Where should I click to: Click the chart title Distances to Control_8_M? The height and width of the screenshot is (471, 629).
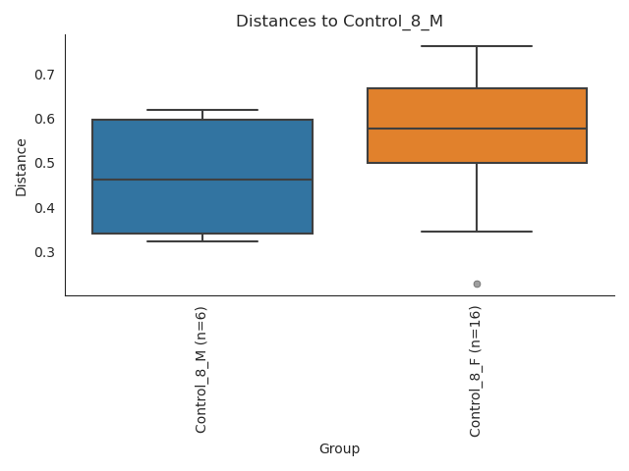tap(339, 21)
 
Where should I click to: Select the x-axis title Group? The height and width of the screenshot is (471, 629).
tap(339, 449)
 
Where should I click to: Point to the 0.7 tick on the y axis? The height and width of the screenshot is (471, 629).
tap(46, 75)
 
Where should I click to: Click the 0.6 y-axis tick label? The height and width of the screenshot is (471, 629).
tap(46, 119)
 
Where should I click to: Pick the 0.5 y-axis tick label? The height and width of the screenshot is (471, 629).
tap(46, 163)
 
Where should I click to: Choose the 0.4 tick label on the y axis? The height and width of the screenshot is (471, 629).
tap(46, 208)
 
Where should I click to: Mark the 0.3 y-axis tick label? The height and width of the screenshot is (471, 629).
tap(46, 252)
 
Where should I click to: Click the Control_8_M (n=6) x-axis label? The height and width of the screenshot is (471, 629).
tap(201, 369)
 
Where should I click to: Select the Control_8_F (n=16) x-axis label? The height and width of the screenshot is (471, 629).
tap(476, 371)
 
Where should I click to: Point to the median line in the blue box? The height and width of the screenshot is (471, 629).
tap(202, 180)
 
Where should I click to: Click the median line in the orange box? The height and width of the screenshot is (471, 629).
tap(477, 129)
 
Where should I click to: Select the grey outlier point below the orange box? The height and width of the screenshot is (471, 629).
tap(477, 284)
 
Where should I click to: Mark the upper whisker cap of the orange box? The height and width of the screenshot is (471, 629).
tap(477, 46)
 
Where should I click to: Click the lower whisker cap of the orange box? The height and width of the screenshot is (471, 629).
tap(477, 232)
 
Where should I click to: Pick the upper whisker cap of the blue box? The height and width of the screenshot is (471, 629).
tap(202, 110)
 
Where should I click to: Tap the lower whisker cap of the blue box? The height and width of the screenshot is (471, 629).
tap(202, 241)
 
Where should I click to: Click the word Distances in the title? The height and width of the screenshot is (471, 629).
tap(268, 21)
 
